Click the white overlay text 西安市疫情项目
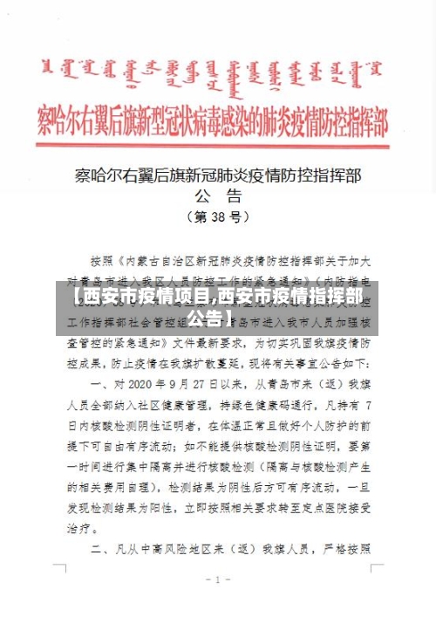(140, 298)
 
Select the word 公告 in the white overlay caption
(219, 319)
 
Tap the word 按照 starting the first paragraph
(102, 259)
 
